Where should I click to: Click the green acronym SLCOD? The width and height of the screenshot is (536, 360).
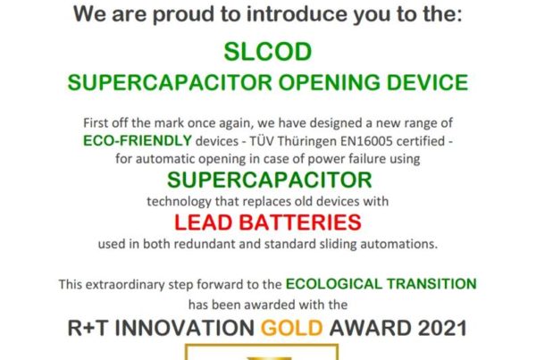coord(268,52)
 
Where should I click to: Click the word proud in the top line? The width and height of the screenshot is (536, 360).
coord(183,14)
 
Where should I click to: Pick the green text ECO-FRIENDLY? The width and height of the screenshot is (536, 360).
coord(138,140)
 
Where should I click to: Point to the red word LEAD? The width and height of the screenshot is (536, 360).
coord(204,222)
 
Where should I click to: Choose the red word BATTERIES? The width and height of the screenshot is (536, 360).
coord(300,222)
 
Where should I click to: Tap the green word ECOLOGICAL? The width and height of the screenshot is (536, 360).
coord(333,284)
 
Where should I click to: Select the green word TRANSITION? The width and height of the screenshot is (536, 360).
coord(431,284)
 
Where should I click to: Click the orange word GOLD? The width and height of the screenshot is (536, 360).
coord(291,328)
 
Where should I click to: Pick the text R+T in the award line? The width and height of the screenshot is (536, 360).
coord(88,328)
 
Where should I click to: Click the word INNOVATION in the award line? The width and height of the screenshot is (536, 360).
coord(185,328)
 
